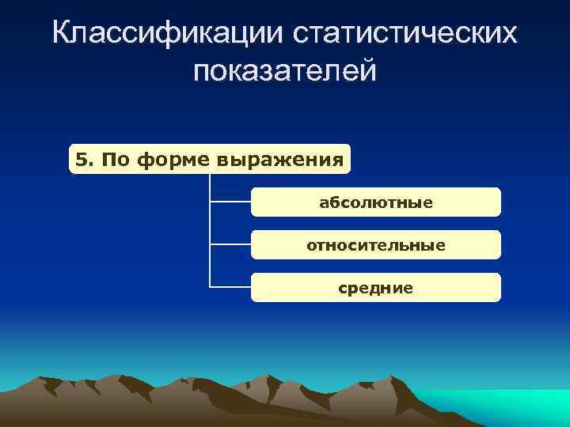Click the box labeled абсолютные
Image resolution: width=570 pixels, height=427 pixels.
click(375, 202)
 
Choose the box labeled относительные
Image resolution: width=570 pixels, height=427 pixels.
click(375, 245)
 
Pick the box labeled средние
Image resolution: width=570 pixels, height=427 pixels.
click(375, 288)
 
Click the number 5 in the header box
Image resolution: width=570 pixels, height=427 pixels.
click(80, 161)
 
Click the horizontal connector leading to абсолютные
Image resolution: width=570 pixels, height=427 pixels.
click(230, 202)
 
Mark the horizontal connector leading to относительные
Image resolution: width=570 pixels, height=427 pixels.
click(230, 245)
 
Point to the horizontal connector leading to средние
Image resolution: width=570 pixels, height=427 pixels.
click(230, 287)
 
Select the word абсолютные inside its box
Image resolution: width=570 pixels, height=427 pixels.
click(375, 203)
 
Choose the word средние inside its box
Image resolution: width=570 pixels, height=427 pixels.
click(375, 289)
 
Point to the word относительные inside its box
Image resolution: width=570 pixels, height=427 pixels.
click(375, 246)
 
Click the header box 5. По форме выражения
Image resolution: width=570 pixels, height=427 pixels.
click(210, 160)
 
